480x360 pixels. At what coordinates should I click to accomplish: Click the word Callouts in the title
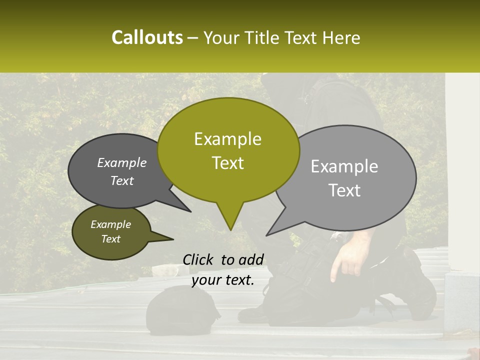coord(147,37)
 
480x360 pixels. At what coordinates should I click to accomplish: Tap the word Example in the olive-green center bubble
coord(227,139)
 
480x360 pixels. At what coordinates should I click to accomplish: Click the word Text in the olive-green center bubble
coord(227,163)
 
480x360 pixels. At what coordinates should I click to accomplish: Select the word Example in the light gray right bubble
coord(344,166)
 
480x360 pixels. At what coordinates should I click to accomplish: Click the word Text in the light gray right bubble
coord(344,190)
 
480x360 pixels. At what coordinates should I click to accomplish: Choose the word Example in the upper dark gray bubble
coord(122,163)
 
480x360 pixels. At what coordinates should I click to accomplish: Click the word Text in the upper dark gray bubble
coord(122,181)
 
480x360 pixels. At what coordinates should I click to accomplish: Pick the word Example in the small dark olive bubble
coord(111,224)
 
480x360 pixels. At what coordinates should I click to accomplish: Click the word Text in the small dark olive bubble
coord(111,239)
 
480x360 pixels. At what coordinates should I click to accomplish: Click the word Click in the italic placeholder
coord(199,259)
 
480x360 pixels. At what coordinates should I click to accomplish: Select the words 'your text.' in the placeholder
coord(223,280)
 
